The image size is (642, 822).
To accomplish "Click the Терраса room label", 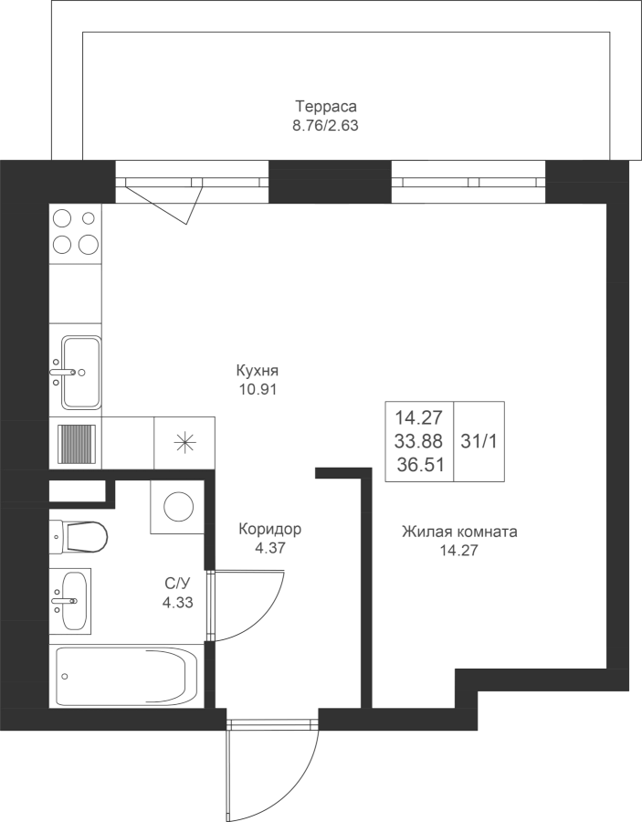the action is click(x=326, y=107).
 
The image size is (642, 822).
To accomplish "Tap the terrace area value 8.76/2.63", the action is click(x=325, y=126).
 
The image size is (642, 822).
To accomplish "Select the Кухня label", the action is click(x=257, y=371).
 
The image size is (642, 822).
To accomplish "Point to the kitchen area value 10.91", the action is click(x=257, y=389).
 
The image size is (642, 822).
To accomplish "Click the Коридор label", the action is click(x=270, y=529).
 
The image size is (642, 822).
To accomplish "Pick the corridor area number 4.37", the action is click(x=269, y=548).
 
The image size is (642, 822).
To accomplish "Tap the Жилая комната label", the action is click(x=459, y=532).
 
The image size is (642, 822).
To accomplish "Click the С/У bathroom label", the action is click(x=177, y=584).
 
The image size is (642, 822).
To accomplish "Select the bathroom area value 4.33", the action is click(x=178, y=603).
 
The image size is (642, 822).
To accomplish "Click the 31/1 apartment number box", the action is click(x=479, y=441).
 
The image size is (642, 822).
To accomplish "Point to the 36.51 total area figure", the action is click(x=420, y=465).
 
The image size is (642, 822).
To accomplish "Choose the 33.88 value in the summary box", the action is click(x=419, y=441).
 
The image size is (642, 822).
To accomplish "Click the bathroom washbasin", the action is click(x=73, y=601).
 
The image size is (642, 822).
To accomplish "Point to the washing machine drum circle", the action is click(x=179, y=506).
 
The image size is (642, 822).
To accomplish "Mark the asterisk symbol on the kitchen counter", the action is click(x=184, y=443).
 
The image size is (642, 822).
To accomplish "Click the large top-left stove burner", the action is click(x=63, y=217).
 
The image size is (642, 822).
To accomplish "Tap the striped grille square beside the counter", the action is click(x=77, y=443).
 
